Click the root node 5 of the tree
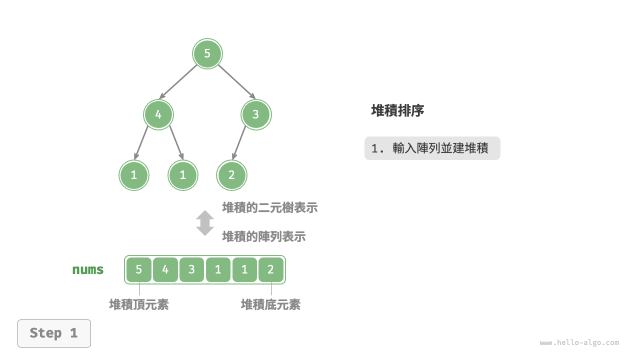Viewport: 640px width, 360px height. coord(207,53)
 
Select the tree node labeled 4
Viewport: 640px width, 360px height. coord(158,114)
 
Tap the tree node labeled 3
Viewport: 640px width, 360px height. coord(256,114)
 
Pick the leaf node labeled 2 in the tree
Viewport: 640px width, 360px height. coord(231,175)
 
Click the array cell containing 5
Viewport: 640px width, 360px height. coord(139,270)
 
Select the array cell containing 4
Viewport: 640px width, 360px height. coord(165,270)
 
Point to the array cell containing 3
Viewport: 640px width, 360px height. coord(192,270)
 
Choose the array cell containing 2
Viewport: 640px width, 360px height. coord(271,270)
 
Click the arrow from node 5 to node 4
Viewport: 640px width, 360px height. coord(178,81)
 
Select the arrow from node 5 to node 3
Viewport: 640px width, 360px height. coord(236,81)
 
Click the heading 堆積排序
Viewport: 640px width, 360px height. coord(397,110)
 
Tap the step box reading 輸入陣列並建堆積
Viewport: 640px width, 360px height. coord(432,148)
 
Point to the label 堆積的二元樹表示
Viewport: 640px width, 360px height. coord(269,207)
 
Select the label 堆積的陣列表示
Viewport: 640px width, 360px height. coord(263,236)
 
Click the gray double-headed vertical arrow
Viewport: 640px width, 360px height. coord(205,222)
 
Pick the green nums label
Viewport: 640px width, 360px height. coord(88,270)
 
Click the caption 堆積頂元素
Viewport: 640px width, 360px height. coord(139,304)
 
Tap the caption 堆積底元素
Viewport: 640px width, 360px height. coord(270,304)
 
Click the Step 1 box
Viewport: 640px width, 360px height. coord(54,333)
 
